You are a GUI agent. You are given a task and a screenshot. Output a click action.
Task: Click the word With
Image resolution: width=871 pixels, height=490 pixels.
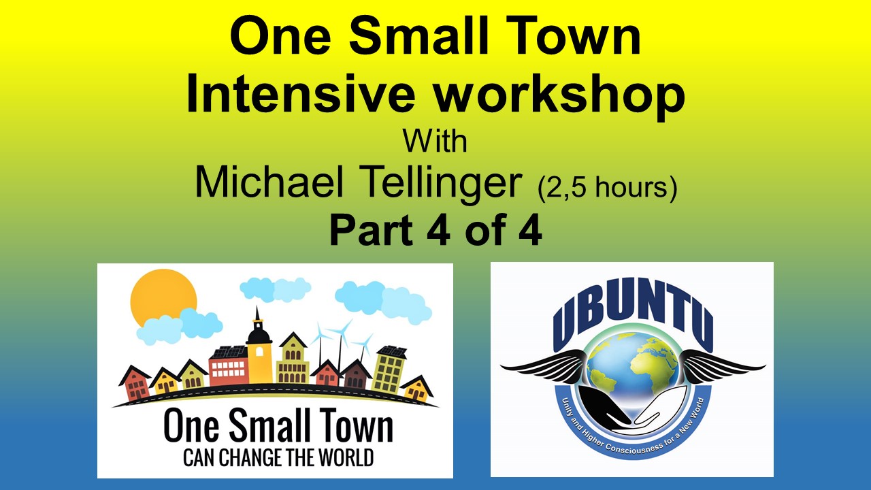(x=435, y=141)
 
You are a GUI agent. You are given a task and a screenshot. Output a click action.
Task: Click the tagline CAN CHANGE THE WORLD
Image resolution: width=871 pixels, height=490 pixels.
(x=278, y=457)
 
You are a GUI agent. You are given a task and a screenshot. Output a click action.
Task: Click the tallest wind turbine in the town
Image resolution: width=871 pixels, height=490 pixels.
(x=338, y=340)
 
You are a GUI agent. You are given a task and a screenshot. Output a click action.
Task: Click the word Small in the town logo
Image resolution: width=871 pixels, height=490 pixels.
(x=278, y=427)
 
